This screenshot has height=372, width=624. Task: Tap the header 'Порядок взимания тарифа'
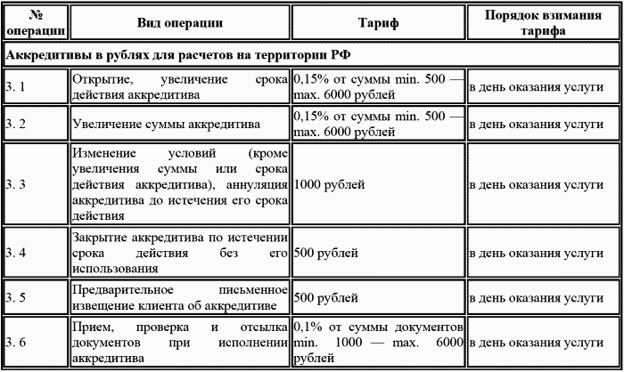tap(543, 22)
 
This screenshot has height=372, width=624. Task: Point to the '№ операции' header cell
tap(36, 22)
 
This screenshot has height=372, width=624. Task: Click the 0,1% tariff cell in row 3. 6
tap(378, 342)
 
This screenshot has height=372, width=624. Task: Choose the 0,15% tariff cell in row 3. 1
tap(378, 86)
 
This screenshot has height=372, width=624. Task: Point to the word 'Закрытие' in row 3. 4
tap(96, 238)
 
